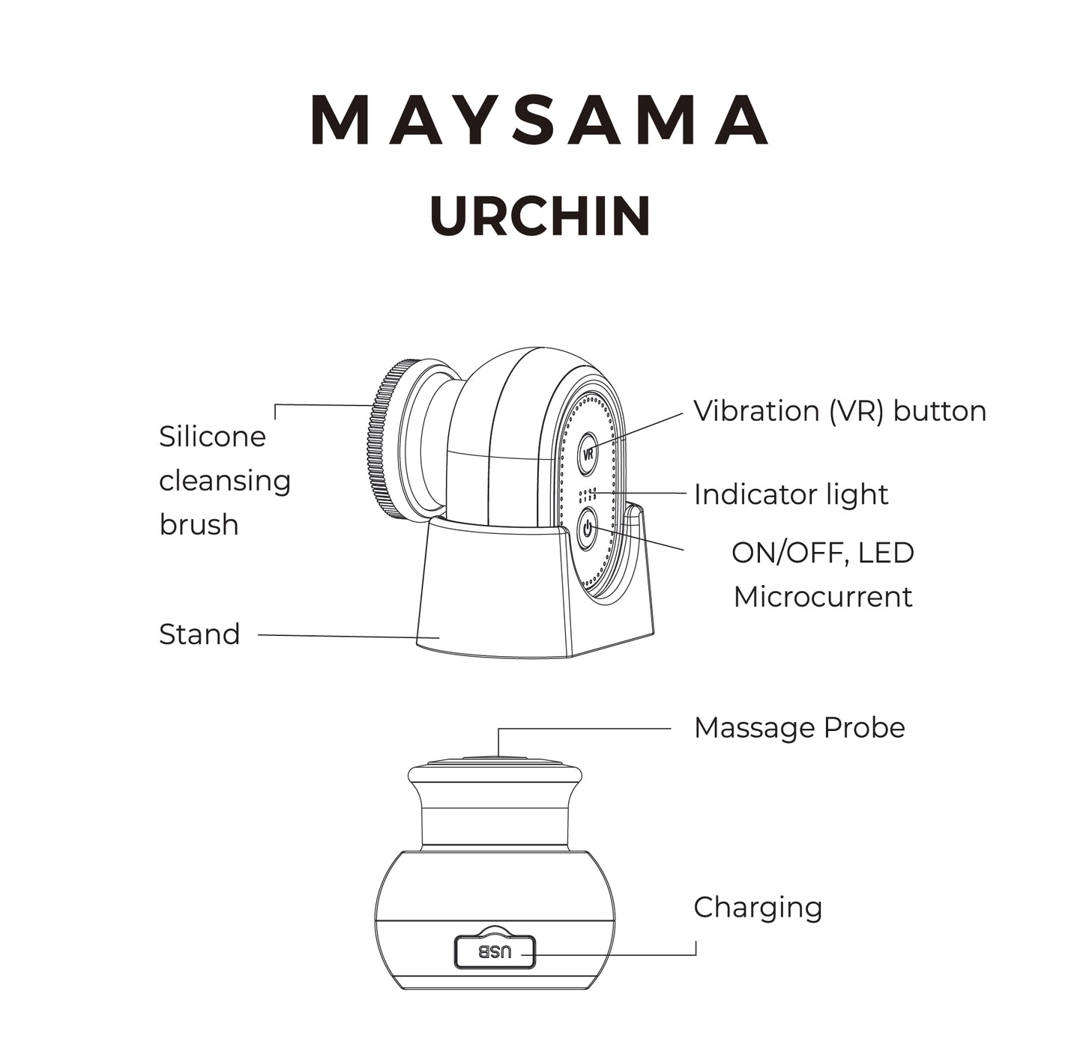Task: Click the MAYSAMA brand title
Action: coord(540,120)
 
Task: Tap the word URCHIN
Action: coord(540,216)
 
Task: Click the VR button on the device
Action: coord(588,454)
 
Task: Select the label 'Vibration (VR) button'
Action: coord(839,411)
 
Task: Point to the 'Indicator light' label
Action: coord(791,494)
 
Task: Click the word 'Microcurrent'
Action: coord(823,597)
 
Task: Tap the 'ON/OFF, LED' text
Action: coord(823,553)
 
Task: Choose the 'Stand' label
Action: coord(199,634)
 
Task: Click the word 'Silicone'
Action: coord(212,437)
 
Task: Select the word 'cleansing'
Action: coord(225,480)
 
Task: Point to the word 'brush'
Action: coord(199,524)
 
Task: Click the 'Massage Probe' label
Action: coord(799,728)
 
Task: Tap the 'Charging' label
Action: coord(758,907)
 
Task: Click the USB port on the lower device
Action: coord(495,953)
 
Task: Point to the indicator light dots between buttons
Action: coord(588,495)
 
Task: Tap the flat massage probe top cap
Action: coord(495,763)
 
